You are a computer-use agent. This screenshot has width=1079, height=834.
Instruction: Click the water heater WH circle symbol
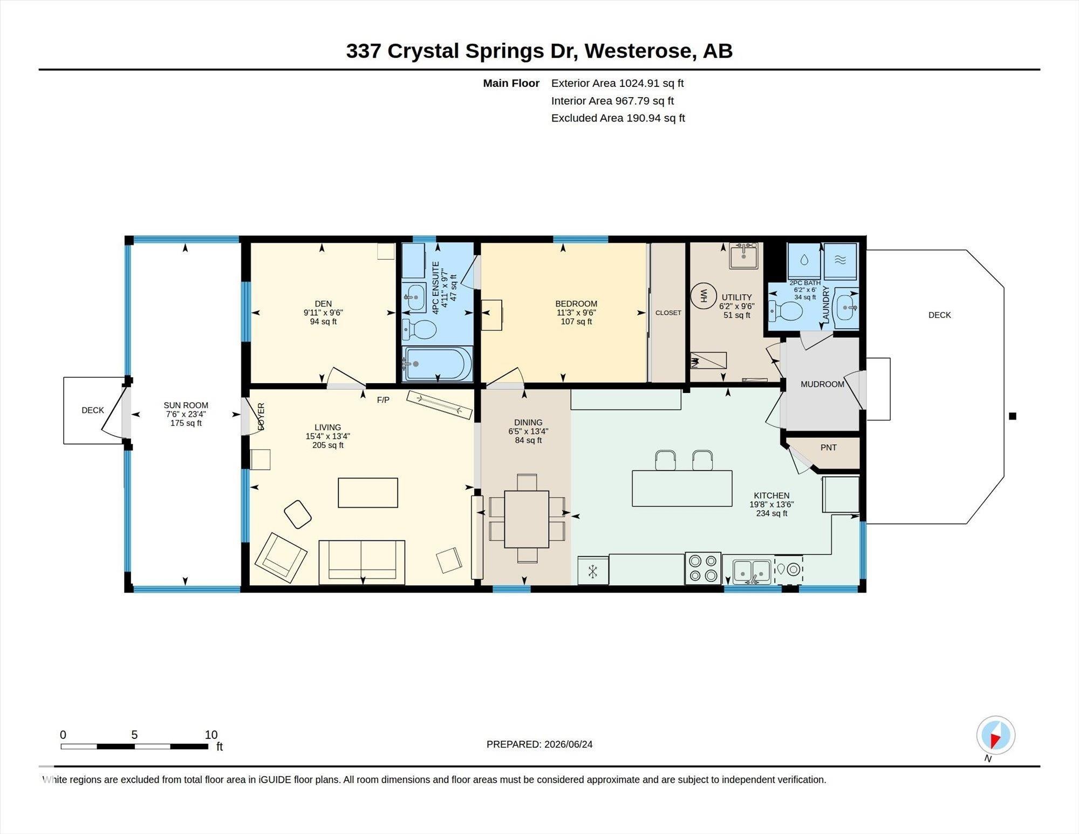point(704,296)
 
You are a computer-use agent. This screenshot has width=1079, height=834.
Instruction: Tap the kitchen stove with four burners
point(703,568)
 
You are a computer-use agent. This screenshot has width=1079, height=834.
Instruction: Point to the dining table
point(527,519)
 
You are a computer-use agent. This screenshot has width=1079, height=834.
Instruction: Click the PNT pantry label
point(828,447)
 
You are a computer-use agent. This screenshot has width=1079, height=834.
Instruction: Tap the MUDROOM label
point(822,384)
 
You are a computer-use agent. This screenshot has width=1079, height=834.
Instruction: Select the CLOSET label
point(668,313)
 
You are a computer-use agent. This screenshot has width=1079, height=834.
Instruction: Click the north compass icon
point(995,735)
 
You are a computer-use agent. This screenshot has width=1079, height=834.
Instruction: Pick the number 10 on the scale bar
point(211,735)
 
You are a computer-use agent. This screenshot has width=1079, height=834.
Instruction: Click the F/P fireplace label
point(383,400)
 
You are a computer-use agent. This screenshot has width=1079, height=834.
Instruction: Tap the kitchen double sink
point(752,572)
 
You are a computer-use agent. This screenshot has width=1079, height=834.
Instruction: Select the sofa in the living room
point(361,562)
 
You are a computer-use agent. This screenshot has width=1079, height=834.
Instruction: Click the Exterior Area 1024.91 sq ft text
point(617,83)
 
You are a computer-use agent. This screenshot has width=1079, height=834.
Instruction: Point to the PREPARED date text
point(539,744)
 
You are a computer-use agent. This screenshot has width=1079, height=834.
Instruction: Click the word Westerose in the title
point(638,51)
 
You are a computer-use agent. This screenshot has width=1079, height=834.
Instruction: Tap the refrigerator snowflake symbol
point(592,571)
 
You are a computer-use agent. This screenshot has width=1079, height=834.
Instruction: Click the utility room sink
point(743,255)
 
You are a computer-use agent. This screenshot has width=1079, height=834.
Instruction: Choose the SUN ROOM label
point(186,405)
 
